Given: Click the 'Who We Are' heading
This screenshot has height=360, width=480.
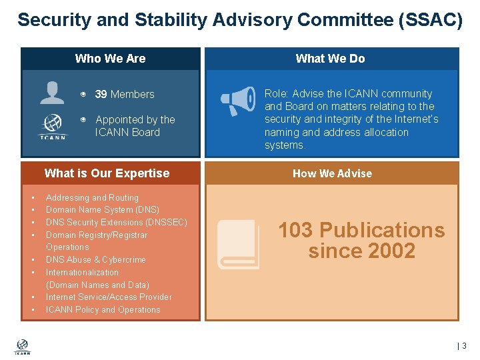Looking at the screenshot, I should pos(110,59).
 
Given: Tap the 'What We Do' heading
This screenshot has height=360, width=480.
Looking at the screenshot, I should pos(330,59).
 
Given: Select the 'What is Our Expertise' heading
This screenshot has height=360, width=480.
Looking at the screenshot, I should pos(107,173).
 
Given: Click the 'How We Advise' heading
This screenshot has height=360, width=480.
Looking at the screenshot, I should pos(332,173).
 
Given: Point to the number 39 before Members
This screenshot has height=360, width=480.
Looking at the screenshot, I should pos(101,95).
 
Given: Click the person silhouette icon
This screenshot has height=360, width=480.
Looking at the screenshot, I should pos(52,93).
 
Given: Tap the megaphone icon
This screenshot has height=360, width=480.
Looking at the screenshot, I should pos(238,101).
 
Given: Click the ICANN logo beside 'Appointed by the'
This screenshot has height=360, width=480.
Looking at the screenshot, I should pos(53,127).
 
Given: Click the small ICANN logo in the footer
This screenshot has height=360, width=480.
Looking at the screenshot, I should pos(22,347).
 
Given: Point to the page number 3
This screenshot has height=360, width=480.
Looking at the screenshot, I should pos(464,346).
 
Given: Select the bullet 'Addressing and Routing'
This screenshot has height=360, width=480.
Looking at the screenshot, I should pos(92,198).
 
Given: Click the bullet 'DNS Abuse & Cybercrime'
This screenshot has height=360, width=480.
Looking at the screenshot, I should pos(95,260).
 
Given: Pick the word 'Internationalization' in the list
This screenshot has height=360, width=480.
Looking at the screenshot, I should pos(82,273).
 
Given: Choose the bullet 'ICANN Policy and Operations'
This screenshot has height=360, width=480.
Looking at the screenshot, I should pos(103,310).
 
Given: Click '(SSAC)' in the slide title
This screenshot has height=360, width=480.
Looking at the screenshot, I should pos(430,20).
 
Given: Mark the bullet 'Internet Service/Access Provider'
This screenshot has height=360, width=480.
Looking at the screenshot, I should pos(109,297).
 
